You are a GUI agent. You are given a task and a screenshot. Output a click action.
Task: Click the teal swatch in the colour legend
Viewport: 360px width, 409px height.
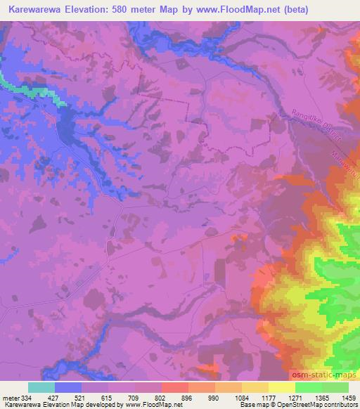[x=41, y=387]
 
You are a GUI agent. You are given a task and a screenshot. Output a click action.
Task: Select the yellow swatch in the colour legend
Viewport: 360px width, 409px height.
[x=281, y=387]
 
